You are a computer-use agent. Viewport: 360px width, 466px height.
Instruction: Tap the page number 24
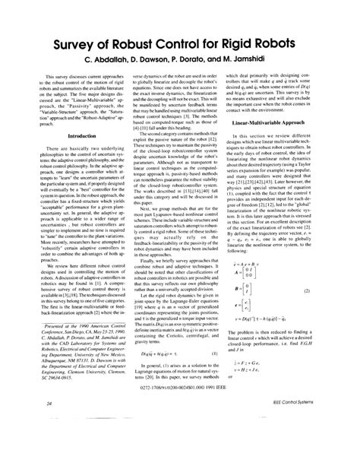28,423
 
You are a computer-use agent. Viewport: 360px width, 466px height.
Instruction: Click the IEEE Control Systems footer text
312,423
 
